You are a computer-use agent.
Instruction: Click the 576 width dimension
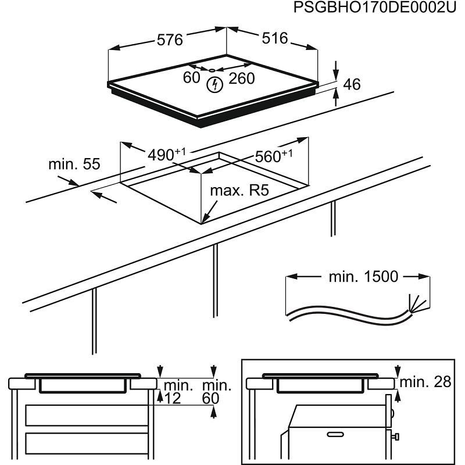pos(170,40)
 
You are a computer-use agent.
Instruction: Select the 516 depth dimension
pos(274,38)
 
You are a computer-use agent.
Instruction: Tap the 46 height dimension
pos(352,84)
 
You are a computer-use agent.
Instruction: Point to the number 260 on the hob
pos(241,78)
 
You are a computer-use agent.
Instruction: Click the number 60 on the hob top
pos(191,78)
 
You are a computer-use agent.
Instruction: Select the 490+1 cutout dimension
pos(165,155)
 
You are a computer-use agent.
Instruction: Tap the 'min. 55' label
pos(74,164)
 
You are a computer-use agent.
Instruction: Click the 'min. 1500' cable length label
pos(363,276)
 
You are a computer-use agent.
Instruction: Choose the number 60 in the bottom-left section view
pos(210,398)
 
